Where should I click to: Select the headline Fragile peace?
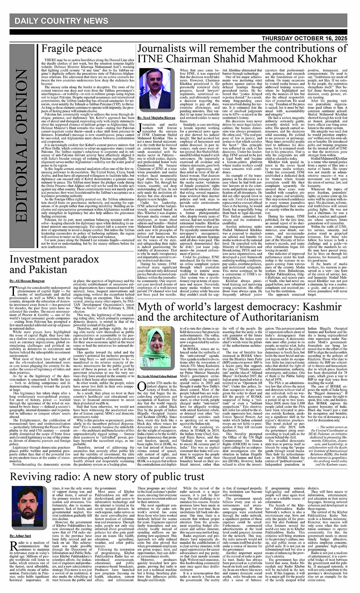pyautogui.click(x=72, y=49)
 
